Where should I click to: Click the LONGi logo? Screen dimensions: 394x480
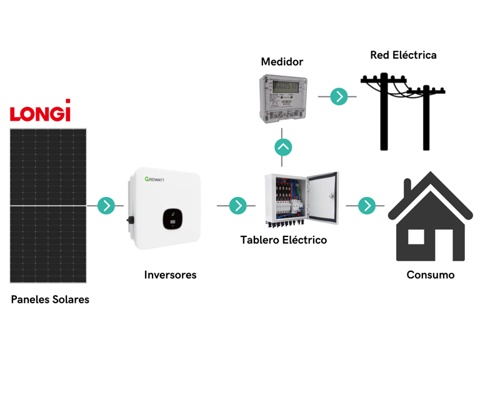(x=40, y=111)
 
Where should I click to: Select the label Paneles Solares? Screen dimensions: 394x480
(x=50, y=300)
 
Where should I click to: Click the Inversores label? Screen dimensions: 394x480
(x=170, y=275)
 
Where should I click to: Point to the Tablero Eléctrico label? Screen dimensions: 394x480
(x=283, y=240)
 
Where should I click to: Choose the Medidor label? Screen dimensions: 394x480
(x=282, y=62)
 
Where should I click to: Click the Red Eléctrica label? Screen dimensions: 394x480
(x=403, y=55)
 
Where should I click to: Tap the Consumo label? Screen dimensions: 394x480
(x=430, y=275)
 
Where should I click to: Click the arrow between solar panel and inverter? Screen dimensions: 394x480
(x=107, y=205)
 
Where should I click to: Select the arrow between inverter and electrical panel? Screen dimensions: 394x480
(x=237, y=205)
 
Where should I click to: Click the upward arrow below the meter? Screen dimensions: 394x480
(x=283, y=148)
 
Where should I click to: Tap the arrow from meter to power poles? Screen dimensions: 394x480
(x=339, y=96)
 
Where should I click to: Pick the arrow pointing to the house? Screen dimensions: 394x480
(x=367, y=205)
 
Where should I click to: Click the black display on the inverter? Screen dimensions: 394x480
(x=173, y=218)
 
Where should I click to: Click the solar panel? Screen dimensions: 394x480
(x=48, y=205)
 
